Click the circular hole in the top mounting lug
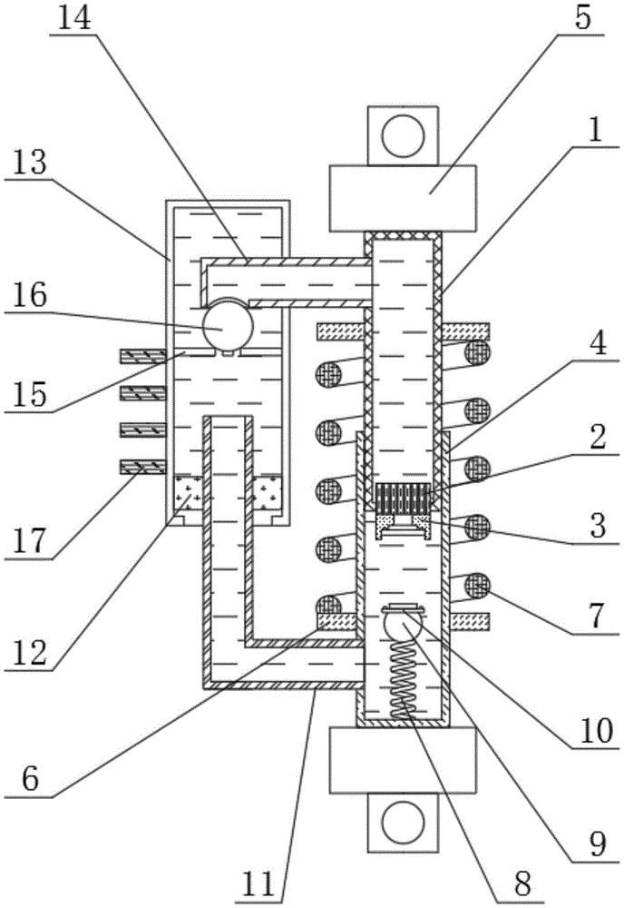point(401,136)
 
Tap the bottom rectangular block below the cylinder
point(402,759)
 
